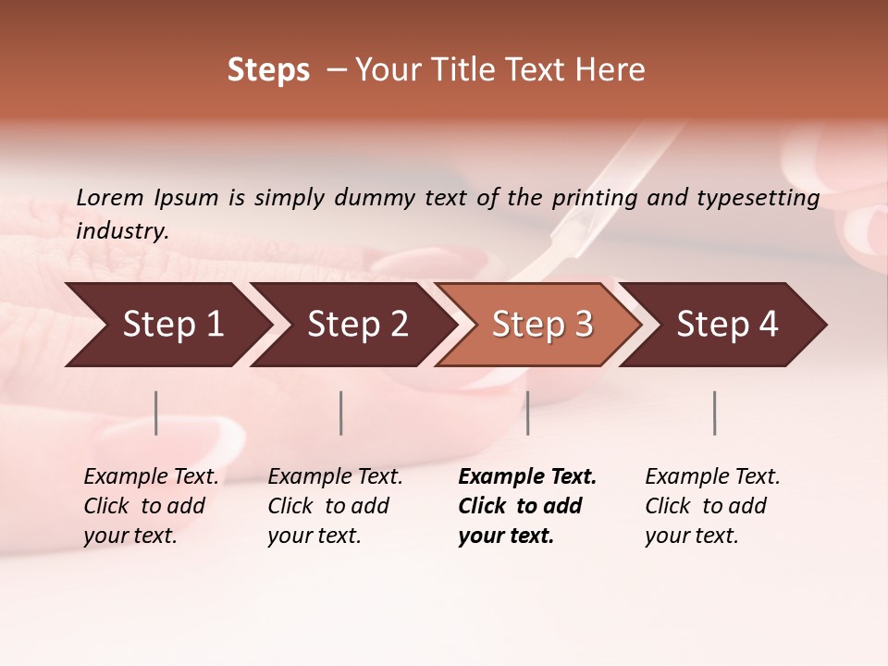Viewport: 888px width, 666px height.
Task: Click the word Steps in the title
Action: click(268, 70)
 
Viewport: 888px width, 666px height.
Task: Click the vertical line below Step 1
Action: click(156, 413)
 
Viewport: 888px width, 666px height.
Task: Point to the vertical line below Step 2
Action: click(341, 413)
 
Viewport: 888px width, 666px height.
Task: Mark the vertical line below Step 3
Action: click(527, 413)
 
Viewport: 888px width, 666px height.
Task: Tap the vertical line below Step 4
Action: click(714, 413)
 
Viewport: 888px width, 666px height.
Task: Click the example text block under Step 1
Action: click(151, 506)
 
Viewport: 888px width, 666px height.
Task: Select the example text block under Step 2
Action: click(335, 506)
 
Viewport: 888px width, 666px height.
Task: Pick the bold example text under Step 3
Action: click(527, 506)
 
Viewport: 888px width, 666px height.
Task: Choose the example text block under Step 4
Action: click(712, 506)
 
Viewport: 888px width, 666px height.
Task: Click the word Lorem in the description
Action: click(110, 198)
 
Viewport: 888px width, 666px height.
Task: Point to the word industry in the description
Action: click(121, 231)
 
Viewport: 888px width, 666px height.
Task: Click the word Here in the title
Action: click(611, 70)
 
